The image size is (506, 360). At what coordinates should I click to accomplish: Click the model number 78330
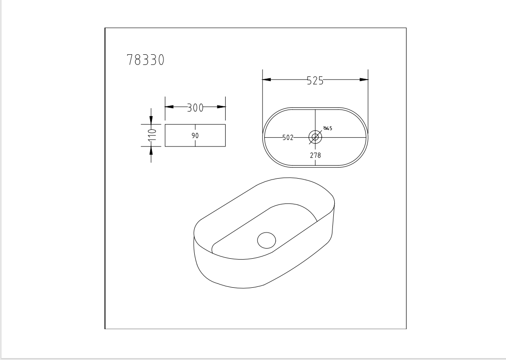[x=145, y=60]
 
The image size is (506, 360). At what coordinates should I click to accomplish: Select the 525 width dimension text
[x=315, y=81]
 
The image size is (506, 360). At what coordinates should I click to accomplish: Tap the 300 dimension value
[x=195, y=108]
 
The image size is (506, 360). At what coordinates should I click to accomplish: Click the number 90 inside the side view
[x=195, y=136]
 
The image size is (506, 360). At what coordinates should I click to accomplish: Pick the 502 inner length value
[x=288, y=137]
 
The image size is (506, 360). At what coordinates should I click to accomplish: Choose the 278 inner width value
[x=315, y=156]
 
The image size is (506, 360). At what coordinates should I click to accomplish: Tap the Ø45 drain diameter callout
[x=328, y=128]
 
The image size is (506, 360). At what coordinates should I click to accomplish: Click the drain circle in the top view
[x=315, y=137]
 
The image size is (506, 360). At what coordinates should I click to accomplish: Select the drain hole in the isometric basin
[x=266, y=240]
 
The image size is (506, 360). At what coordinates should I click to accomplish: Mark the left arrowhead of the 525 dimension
[x=267, y=80]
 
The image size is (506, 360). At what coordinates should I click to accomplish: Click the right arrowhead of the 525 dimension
[x=364, y=80]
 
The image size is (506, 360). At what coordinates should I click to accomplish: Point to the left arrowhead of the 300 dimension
[x=169, y=107]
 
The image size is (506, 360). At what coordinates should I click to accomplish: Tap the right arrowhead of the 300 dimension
[x=221, y=107]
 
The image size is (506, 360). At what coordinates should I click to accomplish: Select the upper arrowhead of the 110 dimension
[x=151, y=120]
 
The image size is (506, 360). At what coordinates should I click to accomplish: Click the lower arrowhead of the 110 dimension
[x=151, y=151]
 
